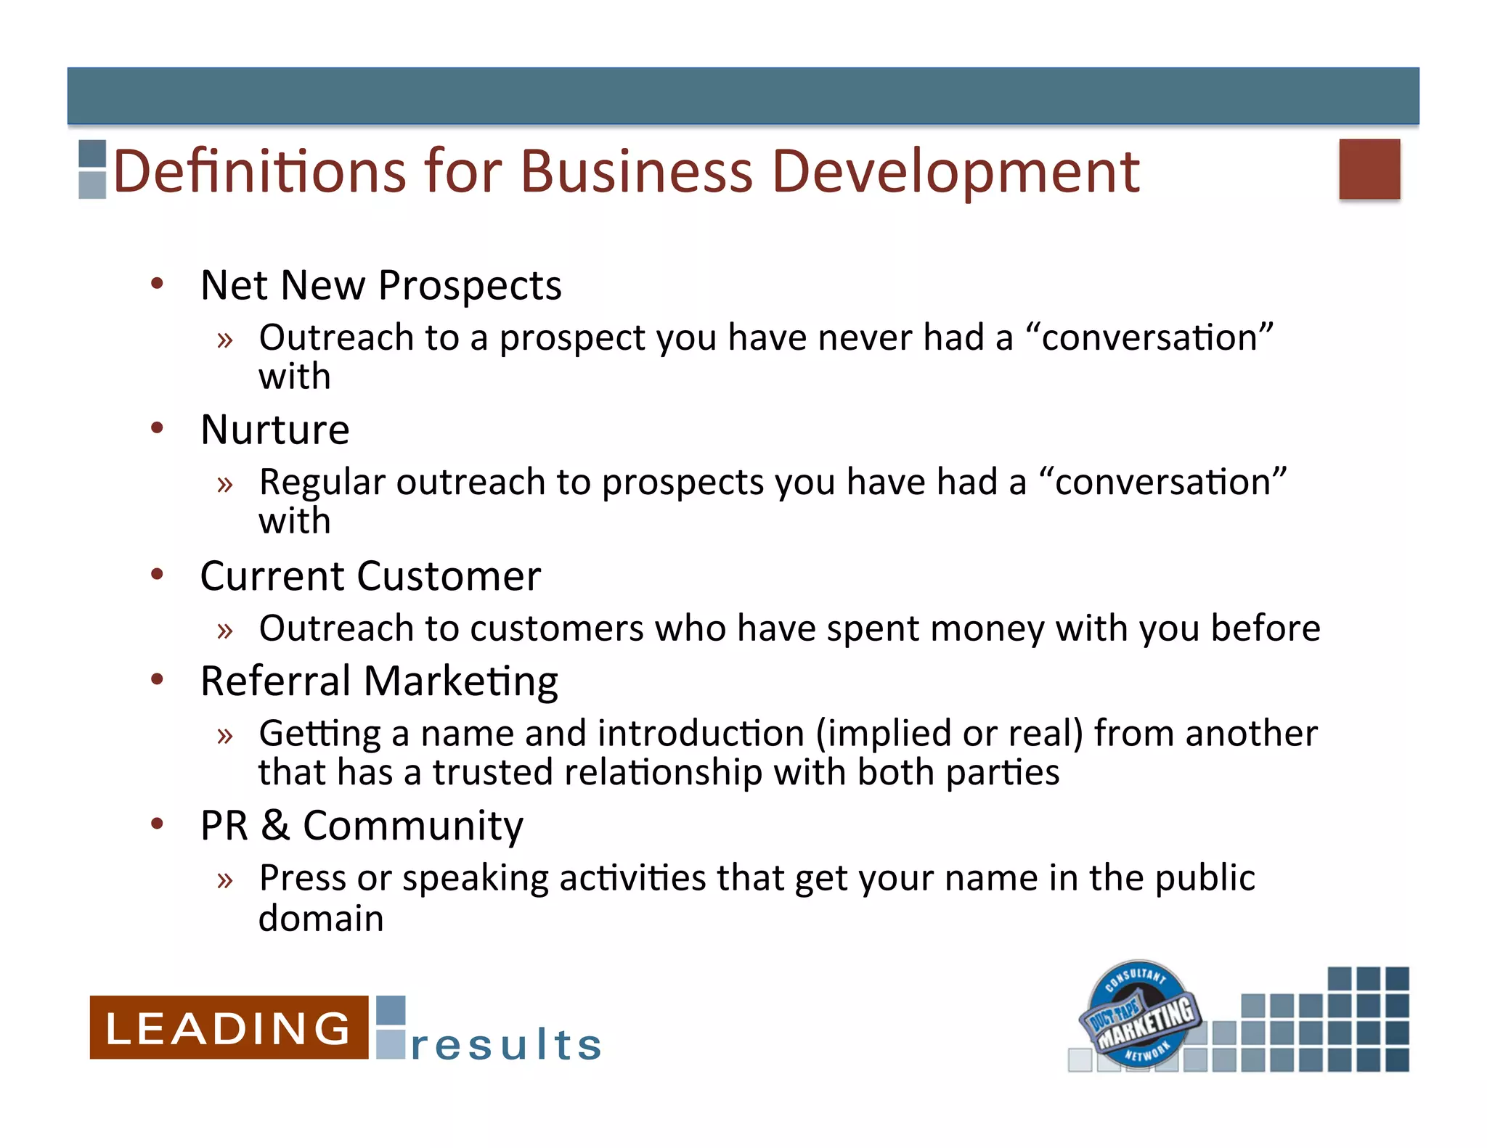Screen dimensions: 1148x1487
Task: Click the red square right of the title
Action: point(1369,168)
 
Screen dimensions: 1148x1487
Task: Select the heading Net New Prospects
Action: point(380,285)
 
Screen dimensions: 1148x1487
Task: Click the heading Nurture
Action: point(275,430)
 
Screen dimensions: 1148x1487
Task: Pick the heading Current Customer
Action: point(370,576)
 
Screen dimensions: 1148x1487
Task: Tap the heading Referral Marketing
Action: point(379,681)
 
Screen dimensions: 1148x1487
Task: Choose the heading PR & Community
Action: point(362,826)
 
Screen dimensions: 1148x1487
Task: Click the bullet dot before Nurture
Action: point(158,427)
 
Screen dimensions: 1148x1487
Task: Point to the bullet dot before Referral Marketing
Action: point(158,679)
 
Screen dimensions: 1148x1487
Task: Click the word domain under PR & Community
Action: point(321,919)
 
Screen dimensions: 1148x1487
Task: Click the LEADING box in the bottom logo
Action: point(229,1028)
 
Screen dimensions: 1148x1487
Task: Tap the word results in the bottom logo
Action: point(506,1045)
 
